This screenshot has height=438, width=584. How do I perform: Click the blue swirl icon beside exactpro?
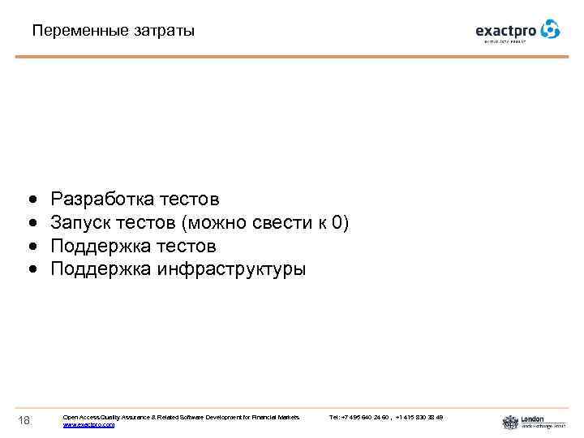pos(551,29)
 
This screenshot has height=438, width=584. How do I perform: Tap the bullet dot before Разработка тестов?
pos(31,200)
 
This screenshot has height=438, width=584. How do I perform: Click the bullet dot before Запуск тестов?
pos(31,223)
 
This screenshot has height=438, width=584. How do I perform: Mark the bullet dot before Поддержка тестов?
pos(31,247)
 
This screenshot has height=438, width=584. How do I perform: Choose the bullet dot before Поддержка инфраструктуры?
pos(31,270)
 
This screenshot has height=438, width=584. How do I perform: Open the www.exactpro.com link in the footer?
pos(88,424)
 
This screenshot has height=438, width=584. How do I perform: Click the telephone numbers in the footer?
pos(386,417)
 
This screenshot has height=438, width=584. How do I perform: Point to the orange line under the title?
pos(292,56)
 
